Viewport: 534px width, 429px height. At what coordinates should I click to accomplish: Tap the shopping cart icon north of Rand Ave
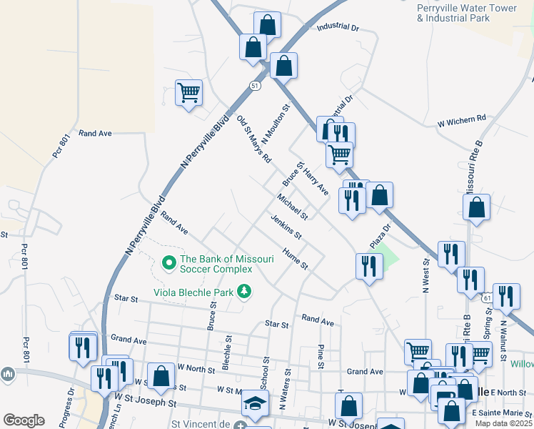189,92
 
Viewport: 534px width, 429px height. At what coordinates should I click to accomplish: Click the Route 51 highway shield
255,85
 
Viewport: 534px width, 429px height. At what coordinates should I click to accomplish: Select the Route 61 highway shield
486,297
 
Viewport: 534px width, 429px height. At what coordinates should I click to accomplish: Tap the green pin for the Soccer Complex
169,264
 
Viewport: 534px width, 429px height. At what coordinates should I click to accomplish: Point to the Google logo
24,420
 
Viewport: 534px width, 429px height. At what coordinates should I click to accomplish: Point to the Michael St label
293,207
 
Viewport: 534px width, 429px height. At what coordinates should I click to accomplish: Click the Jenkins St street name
286,227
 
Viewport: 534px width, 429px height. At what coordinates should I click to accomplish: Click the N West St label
426,277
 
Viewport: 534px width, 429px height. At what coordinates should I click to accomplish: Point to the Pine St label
321,357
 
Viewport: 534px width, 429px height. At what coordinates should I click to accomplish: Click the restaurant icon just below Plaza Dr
369,265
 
